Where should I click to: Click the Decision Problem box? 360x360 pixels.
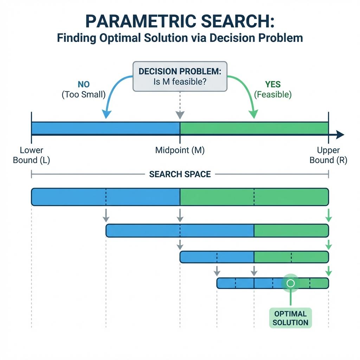pos(180,77)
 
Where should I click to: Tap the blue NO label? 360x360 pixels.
pos(84,84)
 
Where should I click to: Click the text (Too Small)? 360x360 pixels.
pos(84,95)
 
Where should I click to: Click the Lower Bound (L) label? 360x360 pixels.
pos(31,155)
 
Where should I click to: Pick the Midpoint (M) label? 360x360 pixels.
pos(180,150)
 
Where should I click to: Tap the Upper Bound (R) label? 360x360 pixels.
pos(328,155)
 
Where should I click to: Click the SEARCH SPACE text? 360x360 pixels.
pos(180,174)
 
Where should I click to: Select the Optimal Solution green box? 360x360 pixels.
pos(290,318)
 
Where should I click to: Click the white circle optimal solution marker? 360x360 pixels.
pos(290,283)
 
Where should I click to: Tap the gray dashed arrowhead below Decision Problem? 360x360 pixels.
pos(180,115)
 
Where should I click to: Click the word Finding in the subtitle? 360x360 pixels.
pos(76,38)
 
